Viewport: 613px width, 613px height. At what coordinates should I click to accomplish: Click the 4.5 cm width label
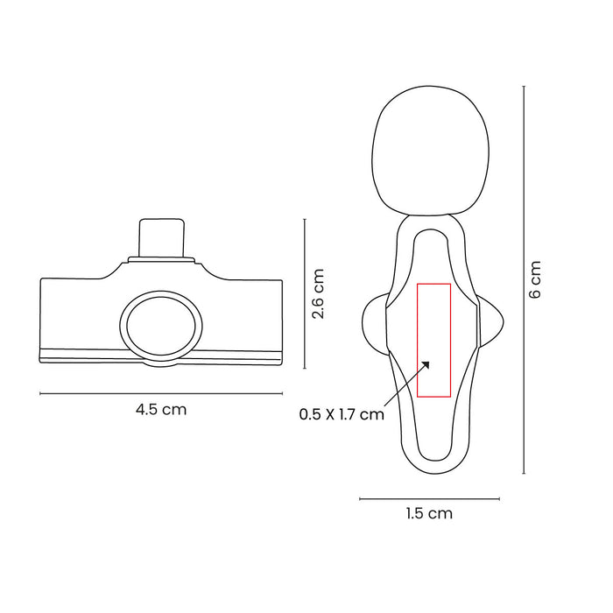[161, 410]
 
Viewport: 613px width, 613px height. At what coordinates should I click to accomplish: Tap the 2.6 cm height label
[318, 293]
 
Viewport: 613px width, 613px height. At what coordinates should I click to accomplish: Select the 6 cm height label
[535, 279]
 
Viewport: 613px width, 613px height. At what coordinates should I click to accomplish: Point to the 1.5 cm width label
[429, 513]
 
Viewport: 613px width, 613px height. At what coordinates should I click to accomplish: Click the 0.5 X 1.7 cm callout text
[342, 414]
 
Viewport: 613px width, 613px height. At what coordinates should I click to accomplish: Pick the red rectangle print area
[434, 340]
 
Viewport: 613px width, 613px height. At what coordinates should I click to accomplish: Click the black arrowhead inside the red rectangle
[426, 365]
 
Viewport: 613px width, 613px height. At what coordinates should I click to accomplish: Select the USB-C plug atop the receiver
[161, 237]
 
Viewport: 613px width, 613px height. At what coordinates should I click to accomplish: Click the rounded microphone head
[430, 151]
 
